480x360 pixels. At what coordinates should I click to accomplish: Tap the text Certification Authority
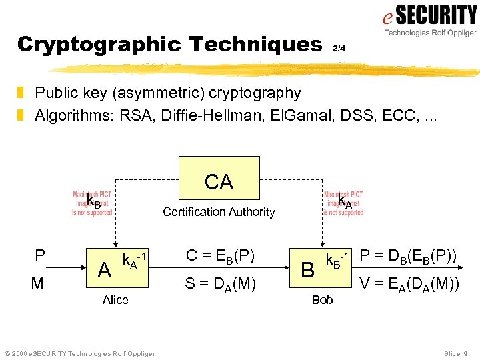[x=219, y=212]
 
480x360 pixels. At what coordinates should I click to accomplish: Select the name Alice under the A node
[x=115, y=300]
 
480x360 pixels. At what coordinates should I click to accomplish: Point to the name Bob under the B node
[x=322, y=300]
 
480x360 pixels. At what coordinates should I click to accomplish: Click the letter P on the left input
[x=40, y=256]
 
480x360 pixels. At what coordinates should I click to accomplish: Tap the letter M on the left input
[x=37, y=284]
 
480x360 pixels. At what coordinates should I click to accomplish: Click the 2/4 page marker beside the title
[x=339, y=48]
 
